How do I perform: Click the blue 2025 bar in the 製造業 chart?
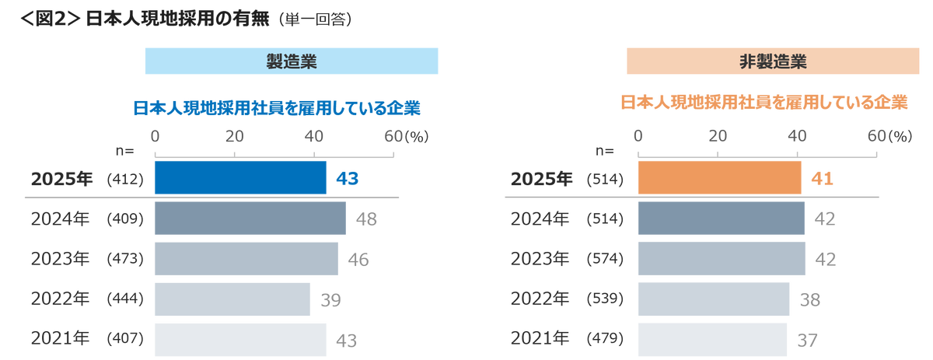pyautogui.click(x=240, y=178)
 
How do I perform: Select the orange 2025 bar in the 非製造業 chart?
pyautogui.click(x=719, y=178)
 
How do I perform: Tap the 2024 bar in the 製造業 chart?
pyautogui.click(x=250, y=218)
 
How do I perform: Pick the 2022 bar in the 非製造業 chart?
pyautogui.click(x=714, y=299)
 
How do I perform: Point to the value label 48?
pyautogui.click(x=366, y=219)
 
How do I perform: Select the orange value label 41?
pyautogui.click(x=822, y=179)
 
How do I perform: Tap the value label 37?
pyautogui.click(x=808, y=341)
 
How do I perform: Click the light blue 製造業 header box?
pyautogui.click(x=292, y=61)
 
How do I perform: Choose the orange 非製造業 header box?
pyautogui.click(x=773, y=61)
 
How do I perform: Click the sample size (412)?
pyautogui.click(x=124, y=180)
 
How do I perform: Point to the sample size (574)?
pyautogui.click(x=604, y=260)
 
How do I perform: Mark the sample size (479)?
pyautogui.click(x=604, y=340)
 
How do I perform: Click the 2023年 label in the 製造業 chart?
pyautogui.click(x=61, y=259)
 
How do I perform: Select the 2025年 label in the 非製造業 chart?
pyautogui.click(x=540, y=179)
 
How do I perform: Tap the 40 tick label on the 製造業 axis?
pyautogui.click(x=314, y=135)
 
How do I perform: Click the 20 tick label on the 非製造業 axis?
pyautogui.click(x=717, y=135)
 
